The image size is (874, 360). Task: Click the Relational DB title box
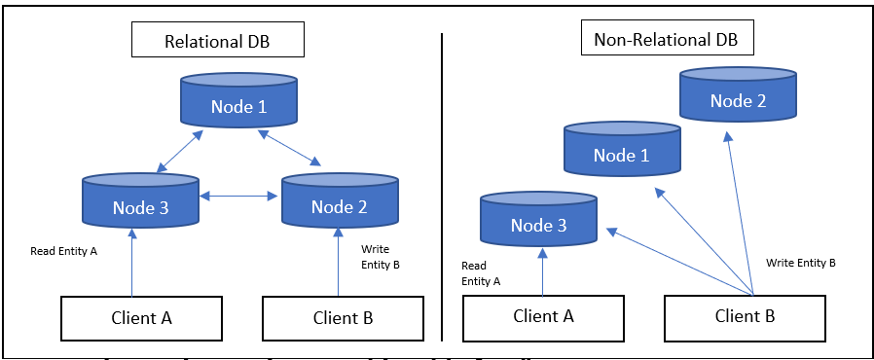pyautogui.click(x=219, y=42)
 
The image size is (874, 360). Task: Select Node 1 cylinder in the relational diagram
pyautogui.click(x=237, y=104)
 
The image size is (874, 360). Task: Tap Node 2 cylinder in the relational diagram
pyautogui.click(x=340, y=203)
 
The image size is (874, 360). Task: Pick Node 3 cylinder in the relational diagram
pyautogui.click(x=141, y=203)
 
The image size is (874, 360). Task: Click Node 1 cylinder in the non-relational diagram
pyautogui.click(x=622, y=153)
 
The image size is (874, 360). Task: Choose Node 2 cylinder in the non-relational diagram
pyautogui.click(x=738, y=98)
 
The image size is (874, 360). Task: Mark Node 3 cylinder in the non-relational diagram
pyautogui.click(x=538, y=222)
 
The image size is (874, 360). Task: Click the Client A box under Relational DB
pyautogui.click(x=141, y=317)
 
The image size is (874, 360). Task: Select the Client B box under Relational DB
pyautogui.click(x=343, y=317)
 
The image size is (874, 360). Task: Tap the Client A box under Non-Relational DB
pyautogui.click(x=542, y=315)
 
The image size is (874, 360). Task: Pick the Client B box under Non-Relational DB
pyautogui.click(x=745, y=315)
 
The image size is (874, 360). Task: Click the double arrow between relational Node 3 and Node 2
pyautogui.click(x=240, y=198)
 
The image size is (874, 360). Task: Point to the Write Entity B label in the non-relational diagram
pyautogui.click(x=800, y=263)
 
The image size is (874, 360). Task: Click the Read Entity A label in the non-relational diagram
pyautogui.click(x=481, y=273)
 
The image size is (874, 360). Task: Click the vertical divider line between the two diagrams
pyautogui.click(x=442, y=185)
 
